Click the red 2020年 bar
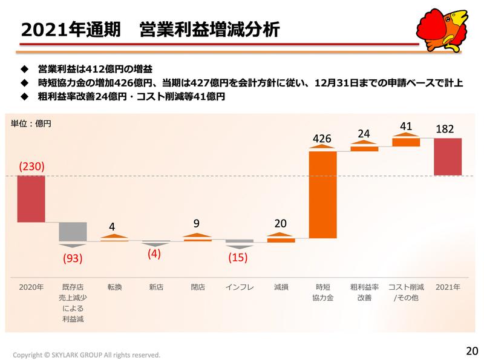pos(31,198)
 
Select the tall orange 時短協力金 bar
pos(322,195)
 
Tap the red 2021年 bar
pos(448,157)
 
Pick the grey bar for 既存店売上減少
pos(73,231)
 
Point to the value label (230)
pos(31,166)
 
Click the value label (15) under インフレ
pos(239,257)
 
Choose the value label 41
pos(406,126)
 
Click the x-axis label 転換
pos(114,286)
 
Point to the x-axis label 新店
pos(156,286)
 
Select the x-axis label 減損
pos(281,286)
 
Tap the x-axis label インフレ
pos(239,286)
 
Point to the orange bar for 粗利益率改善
pos(364,148)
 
